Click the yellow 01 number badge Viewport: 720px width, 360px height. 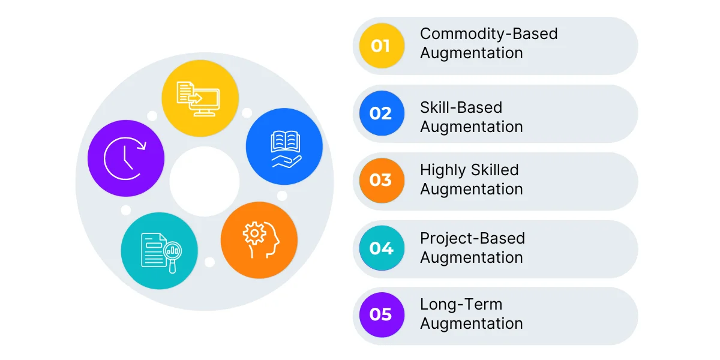pyautogui.click(x=382, y=46)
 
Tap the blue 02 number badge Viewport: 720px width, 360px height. pyautogui.click(x=382, y=113)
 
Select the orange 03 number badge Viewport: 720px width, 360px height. pyautogui.click(x=382, y=181)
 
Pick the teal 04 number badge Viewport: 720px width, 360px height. pyautogui.click(x=382, y=248)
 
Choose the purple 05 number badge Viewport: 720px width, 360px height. pyautogui.click(x=382, y=314)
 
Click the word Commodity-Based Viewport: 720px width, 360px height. pyautogui.click(x=488, y=34)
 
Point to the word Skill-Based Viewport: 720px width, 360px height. pyautogui.click(x=461, y=107)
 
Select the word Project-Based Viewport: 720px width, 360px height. pyautogui.click(x=473, y=239)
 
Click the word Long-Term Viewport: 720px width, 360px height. pyautogui.click(x=461, y=305)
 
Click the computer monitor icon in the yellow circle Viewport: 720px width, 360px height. pyautogui.click(x=205, y=102)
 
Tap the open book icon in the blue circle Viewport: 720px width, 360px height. pyautogui.click(x=286, y=141)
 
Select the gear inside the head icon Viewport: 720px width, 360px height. pyautogui.click(x=254, y=233)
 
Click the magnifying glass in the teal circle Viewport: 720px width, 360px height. pyautogui.click(x=173, y=256)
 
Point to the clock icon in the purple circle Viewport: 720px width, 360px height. pyautogui.click(x=125, y=158)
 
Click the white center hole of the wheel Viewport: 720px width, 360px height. pyautogui.click(x=205, y=181)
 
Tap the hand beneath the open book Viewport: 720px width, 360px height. pyautogui.click(x=287, y=161)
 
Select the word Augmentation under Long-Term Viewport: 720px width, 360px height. pyautogui.click(x=471, y=324)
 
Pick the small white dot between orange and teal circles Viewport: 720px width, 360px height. pyautogui.click(x=209, y=262)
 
